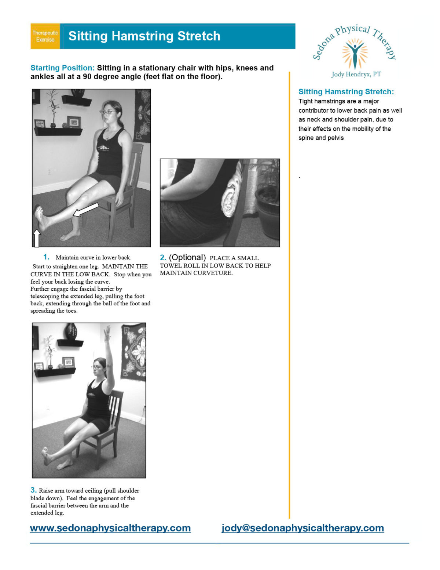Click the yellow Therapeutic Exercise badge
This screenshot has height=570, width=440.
coord(45,36)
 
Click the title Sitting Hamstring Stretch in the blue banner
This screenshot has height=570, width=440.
coord(144,36)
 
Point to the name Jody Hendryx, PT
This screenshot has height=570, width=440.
coord(356,75)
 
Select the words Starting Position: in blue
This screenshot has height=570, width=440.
coord(62,68)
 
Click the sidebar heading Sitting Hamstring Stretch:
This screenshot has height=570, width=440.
coord(346,92)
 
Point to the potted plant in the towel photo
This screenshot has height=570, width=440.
coord(268,206)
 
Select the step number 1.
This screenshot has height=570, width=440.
coord(46,257)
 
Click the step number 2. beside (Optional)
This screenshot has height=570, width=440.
coord(163,258)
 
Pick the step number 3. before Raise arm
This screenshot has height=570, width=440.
coord(33,490)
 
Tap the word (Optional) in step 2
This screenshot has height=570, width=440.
coord(187,258)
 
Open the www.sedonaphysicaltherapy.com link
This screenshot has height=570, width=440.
coord(110,528)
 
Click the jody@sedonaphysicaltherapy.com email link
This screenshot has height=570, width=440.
coord(302,528)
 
